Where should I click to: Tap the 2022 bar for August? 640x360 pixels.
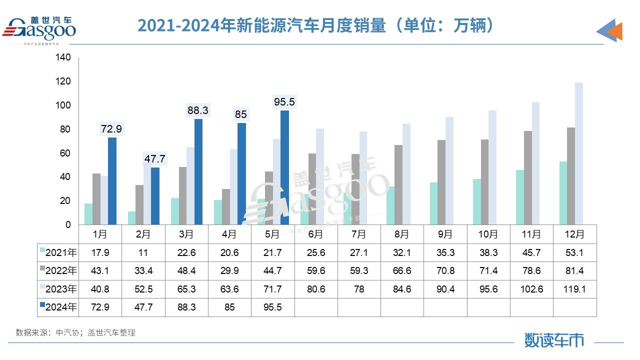tap(398, 185)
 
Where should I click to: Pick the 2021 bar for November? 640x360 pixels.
tap(520, 197)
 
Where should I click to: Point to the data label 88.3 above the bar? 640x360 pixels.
tap(198, 110)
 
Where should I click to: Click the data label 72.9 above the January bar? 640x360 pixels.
tap(112, 129)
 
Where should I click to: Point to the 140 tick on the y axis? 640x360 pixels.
tap(64, 58)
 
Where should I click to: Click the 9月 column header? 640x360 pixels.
tap(445, 234)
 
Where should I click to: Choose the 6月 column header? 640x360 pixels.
tap(316, 234)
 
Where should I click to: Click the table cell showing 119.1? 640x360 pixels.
tap(574, 289)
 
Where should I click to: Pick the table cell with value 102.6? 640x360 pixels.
tap(531, 289)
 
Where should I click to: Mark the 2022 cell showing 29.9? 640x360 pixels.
tap(230, 271)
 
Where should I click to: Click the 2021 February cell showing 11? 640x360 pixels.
tap(143, 252)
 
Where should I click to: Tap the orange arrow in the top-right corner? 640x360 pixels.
tap(614, 31)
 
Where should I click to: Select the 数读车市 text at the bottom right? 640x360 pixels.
tap(554, 340)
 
